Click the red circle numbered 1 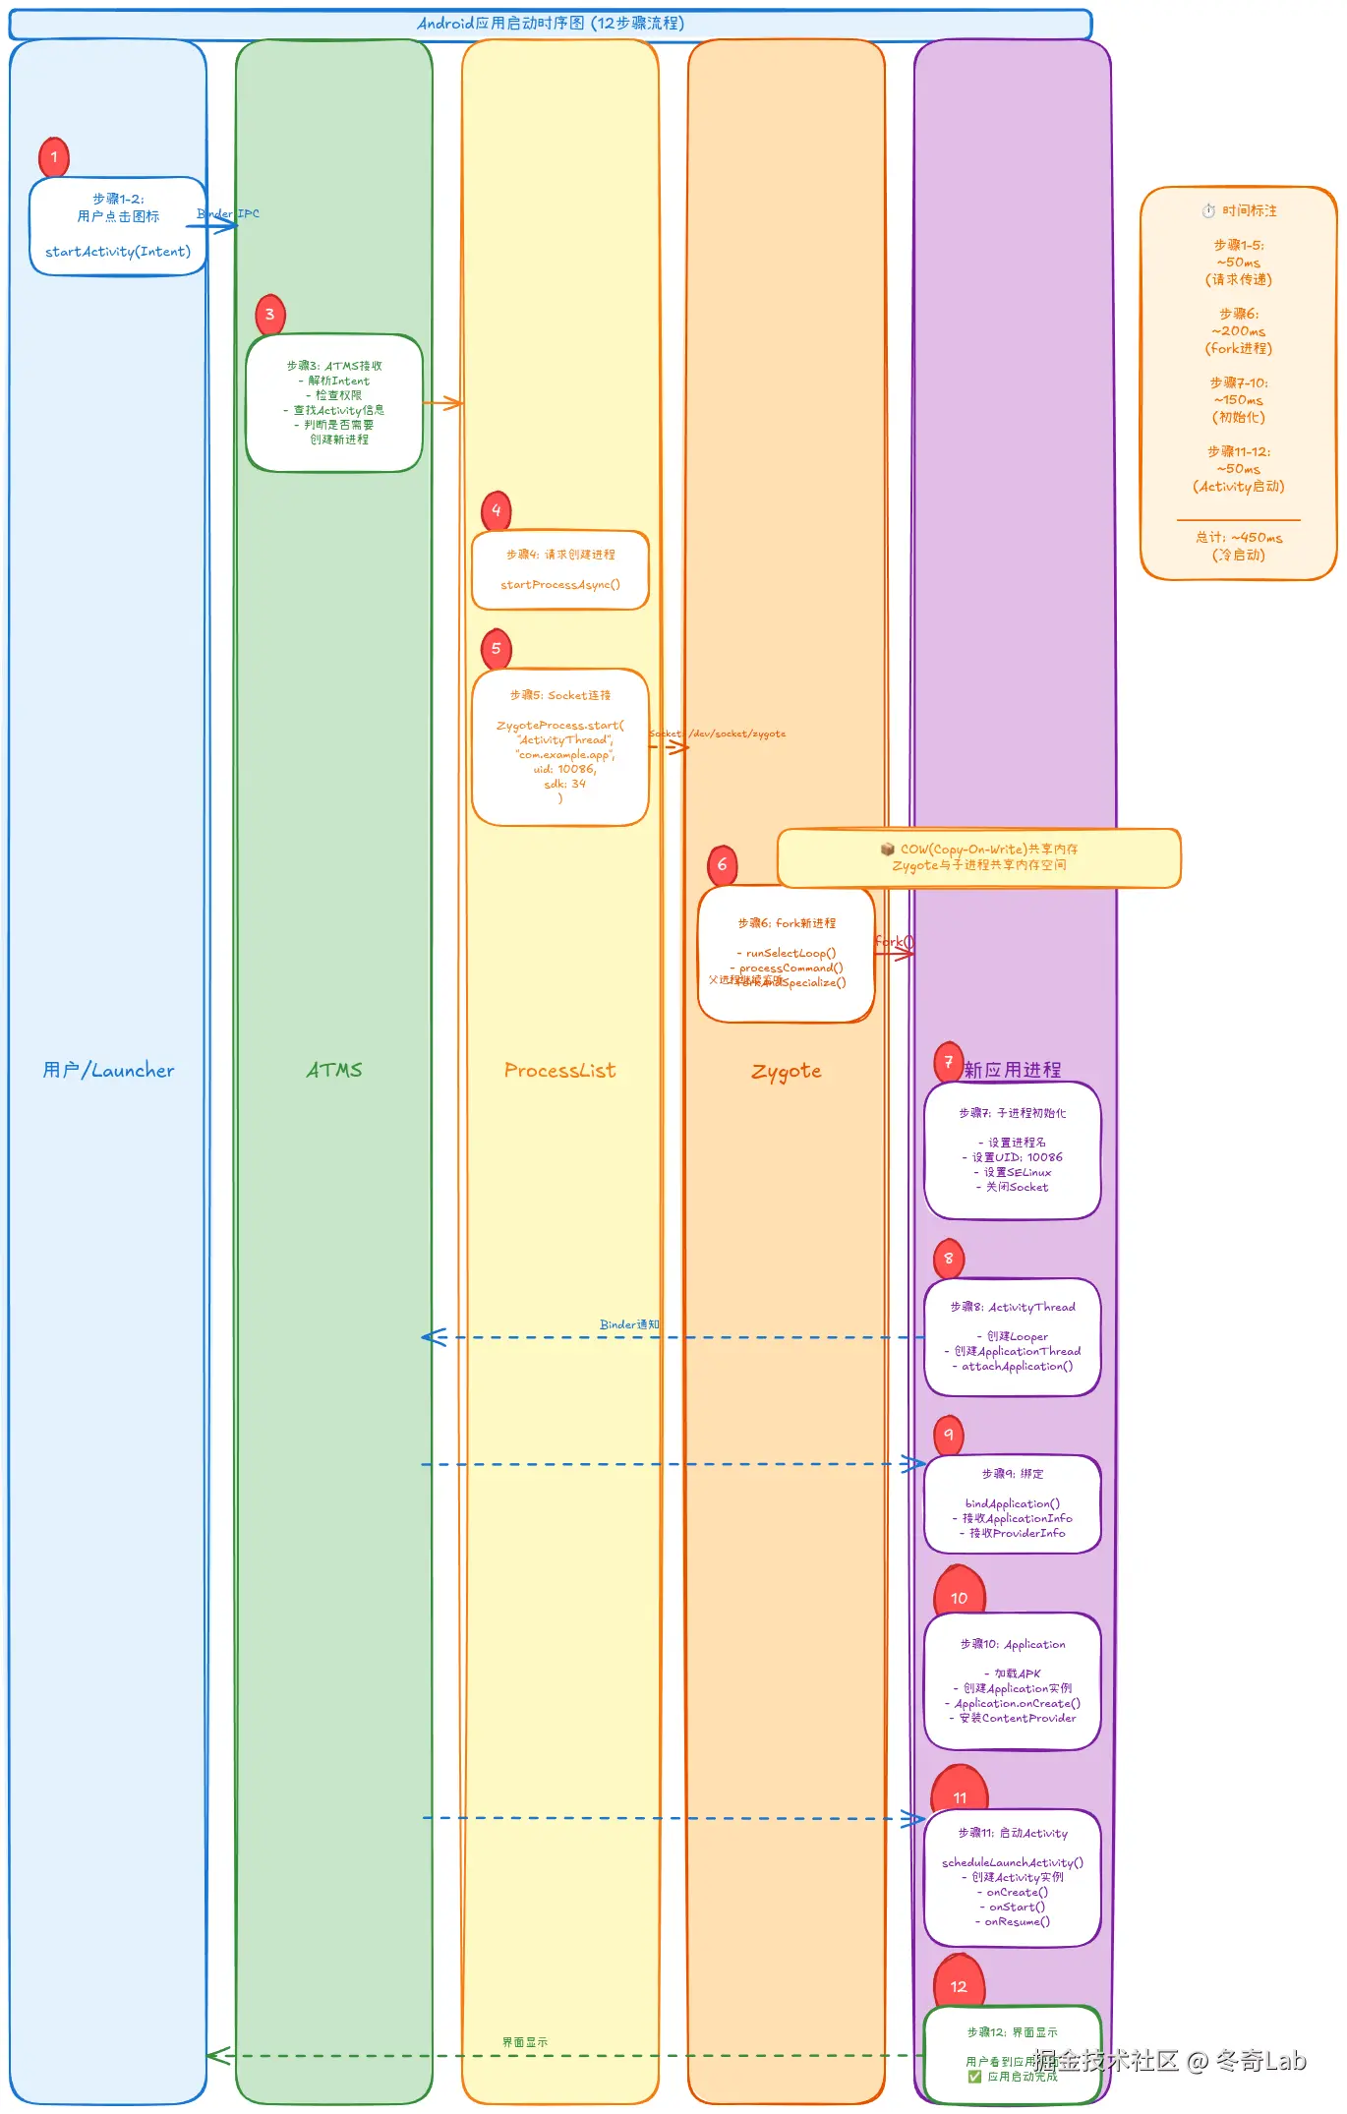coord(54,156)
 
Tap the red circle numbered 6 coord(722,864)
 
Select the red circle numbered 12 coord(959,1986)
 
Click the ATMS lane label coord(334,1070)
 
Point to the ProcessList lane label coord(559,1070)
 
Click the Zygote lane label coord(786,1071)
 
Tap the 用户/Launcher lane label coord(108,1070)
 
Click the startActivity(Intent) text coord(118,252)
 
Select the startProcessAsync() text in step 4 coord(559,584)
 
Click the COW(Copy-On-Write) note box coord(978,857)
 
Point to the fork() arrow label coord(894,941)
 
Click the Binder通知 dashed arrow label coord(629,1324)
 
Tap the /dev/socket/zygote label coord(736,734)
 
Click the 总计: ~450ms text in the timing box coord(1239,537)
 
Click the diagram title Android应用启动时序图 coord(551,23)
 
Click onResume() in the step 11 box coord(1017,1921)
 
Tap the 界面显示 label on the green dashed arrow coord(524,2042)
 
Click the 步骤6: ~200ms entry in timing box coord(1239,330)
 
